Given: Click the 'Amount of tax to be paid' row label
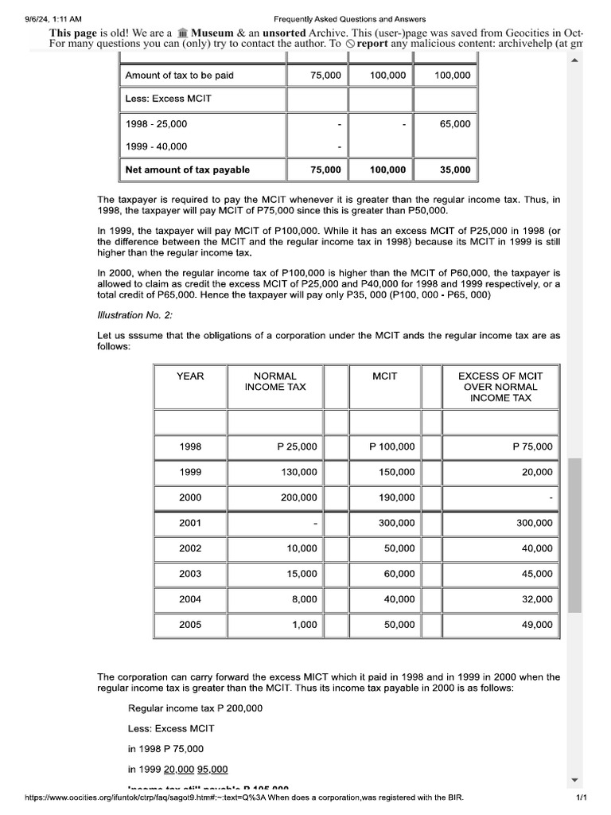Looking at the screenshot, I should (180, 76).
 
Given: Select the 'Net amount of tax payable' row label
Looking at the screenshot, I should (188, 170).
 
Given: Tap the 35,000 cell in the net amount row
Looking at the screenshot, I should (455, 170).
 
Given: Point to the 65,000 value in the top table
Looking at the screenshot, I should (455, 124).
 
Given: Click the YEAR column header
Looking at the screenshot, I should (190, 376).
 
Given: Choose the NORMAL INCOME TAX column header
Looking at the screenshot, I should (275, 381).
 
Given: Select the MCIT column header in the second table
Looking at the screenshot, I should (384, 376).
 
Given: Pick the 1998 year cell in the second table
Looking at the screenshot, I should (190, 447).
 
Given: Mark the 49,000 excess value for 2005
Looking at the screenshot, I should (537, 626).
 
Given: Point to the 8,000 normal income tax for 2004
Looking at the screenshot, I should (305, 600).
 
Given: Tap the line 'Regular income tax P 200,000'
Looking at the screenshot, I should (195, 708).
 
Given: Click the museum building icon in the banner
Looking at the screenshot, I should (182, 33).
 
